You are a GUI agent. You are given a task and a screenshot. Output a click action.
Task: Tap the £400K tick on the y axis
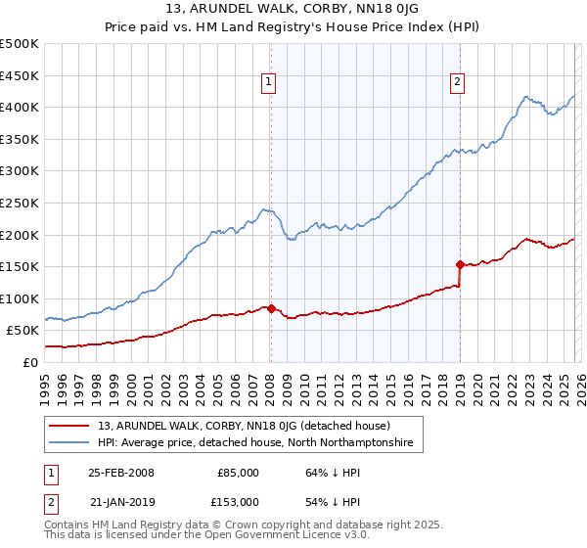click(21, 108)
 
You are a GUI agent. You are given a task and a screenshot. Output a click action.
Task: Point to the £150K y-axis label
click(21, 266)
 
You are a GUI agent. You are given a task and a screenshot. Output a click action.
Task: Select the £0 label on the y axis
click(29, 362)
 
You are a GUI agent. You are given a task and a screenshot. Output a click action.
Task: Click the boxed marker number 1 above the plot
click(268, 83)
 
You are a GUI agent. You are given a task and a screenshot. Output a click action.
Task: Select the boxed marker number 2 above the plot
click(457, 83)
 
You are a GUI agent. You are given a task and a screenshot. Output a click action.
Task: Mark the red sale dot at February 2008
click(271, 307)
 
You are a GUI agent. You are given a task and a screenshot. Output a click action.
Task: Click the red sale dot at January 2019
click(460, 264)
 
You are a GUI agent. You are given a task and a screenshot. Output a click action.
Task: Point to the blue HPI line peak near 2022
click(526, 97)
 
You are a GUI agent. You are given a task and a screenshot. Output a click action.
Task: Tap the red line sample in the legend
click(70, 426)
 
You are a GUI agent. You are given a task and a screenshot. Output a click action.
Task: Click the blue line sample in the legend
click(70, 443)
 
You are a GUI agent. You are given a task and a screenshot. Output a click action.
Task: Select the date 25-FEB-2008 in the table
click(120, 472)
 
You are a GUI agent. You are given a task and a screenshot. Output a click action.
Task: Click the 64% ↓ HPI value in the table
click(321, 472)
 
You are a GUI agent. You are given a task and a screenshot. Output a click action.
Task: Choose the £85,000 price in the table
click(238, 472)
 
